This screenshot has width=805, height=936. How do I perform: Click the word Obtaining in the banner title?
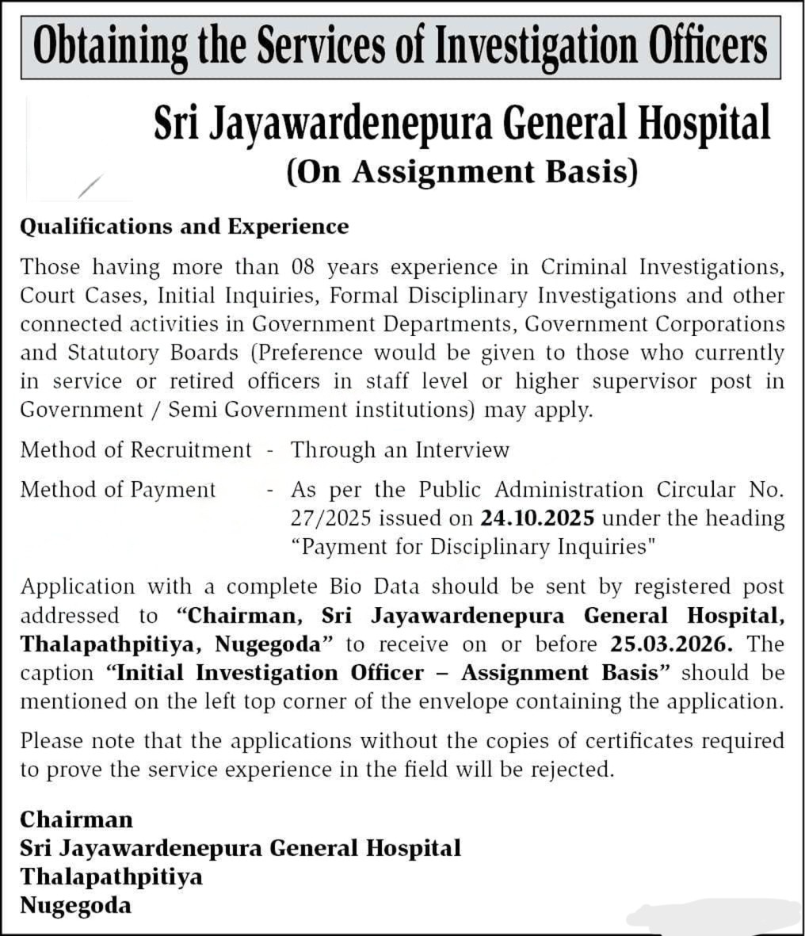(x=109, y=47)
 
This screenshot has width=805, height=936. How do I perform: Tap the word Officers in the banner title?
(x=708, y=47)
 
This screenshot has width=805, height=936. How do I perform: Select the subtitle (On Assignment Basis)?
(x=462, y=172)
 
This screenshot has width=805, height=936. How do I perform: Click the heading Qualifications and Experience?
(x=184, y=227)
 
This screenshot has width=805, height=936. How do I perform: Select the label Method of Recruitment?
(x=135, y=450)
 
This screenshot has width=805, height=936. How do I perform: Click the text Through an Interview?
(x=400, y=450)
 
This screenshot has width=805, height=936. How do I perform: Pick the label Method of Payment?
(x=118, y=490)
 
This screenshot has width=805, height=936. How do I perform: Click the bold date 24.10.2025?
(x=537, y=518)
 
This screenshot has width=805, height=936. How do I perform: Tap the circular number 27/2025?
(x=331, y=518)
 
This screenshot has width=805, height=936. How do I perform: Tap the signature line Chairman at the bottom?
(x=77, y=819)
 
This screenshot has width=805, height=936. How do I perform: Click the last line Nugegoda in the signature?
(x=76, y=905)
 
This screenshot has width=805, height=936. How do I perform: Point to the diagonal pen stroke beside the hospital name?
(x=91, y=186)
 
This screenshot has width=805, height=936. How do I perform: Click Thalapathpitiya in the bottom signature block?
(x=112, y=877)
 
